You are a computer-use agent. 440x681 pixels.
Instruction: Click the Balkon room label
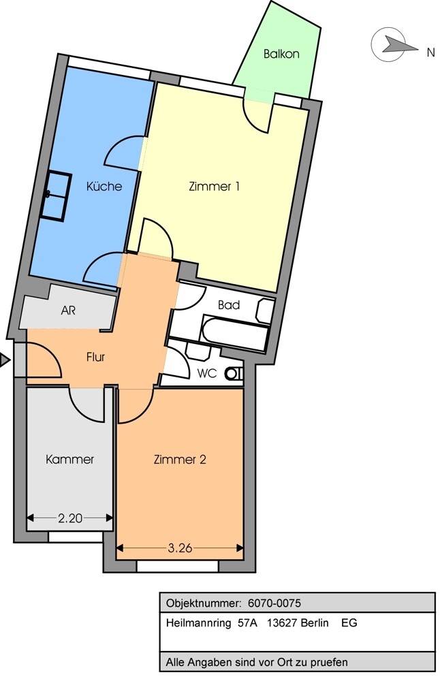point(281,54)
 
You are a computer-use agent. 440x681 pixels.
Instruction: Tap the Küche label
point(104,187)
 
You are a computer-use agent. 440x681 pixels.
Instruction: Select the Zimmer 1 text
point(215,187)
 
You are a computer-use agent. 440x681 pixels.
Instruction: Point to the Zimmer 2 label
point(180,460)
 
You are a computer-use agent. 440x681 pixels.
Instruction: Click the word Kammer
point(70,460)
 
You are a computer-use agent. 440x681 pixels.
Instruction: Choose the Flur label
point(95,357)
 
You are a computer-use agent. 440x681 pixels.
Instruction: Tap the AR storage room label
point(68,311)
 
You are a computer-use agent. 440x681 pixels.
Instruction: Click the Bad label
point(229,305)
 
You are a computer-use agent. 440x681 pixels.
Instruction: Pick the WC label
point(207,373)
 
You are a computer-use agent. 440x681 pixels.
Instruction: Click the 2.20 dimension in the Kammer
point(70,518)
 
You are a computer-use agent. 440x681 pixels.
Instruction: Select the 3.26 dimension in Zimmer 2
point(180,548)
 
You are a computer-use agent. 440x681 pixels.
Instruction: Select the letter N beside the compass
point(431,52)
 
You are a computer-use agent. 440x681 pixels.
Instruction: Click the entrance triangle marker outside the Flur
point(5,360)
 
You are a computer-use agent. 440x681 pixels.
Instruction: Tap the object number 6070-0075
point(274,603)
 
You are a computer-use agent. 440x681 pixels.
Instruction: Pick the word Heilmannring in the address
point(198,624)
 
